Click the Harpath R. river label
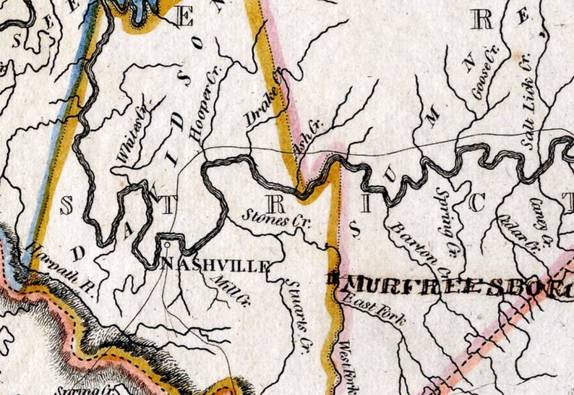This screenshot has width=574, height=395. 61,267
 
